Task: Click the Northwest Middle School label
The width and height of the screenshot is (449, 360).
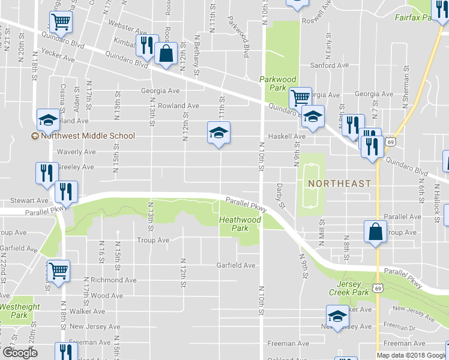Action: [83, 136]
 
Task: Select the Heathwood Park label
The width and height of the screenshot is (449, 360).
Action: [240, 224]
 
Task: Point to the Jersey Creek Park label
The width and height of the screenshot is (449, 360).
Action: [346, 287]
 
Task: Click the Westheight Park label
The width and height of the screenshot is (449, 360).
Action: [19, 310]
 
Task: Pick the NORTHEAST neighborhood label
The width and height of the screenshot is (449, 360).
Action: [340, 182]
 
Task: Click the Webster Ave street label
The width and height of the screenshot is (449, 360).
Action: [127, 30]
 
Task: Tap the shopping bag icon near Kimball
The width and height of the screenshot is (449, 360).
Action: [165, 53]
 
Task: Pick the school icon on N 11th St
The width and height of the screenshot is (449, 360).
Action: [218, 132]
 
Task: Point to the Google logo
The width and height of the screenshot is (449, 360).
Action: [20, 353]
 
